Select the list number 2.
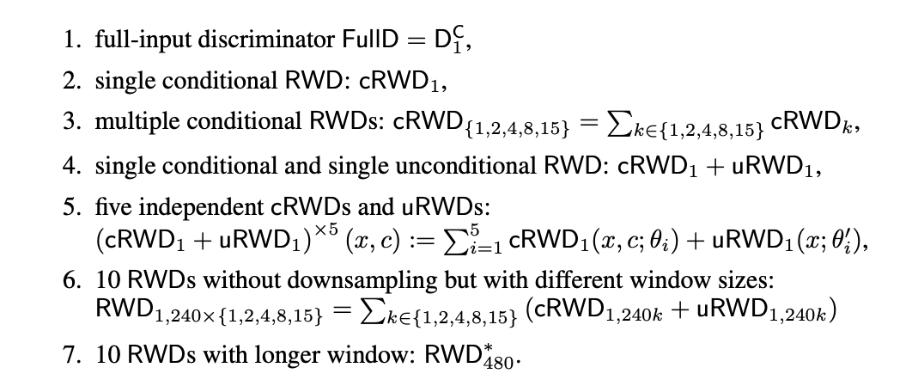pos(71,81)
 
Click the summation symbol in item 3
pos(604,123)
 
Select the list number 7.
pos(71,354)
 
